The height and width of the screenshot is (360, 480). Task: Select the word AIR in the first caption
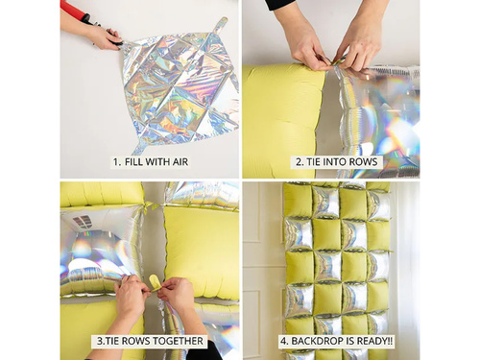click(x=177, y=161)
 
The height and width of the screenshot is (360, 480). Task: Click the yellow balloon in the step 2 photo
click(x=283, y=115)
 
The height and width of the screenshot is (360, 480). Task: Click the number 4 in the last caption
click(x=281, y=341)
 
